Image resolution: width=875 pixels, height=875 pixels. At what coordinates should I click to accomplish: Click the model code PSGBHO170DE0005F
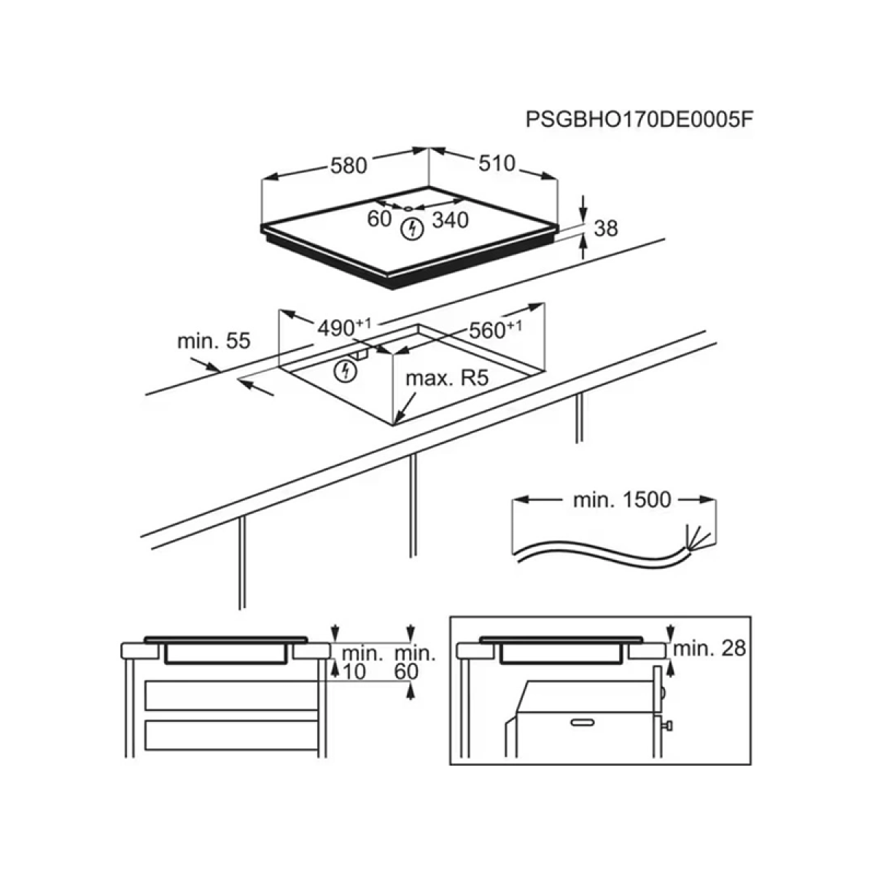pyautogui.click(x=639, y=120)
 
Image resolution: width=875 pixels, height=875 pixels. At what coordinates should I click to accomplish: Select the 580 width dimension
pyautogui.click(x=349, y=166)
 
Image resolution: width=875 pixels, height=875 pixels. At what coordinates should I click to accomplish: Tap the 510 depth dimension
pyautogui.click(x=497, y=163)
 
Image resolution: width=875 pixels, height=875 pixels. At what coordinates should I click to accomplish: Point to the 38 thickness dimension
pyautogui.click(x=606, y=228)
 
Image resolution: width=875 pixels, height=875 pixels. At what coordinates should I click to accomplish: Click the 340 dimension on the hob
pyautogui.click(x=450, y=220)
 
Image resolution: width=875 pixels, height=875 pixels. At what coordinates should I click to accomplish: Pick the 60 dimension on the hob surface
pyautogui.click(x=379, y=219)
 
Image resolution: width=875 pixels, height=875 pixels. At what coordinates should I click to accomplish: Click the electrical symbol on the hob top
pyautogui.click(x=412, y=228)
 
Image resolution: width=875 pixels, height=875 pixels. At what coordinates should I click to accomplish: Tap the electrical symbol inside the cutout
pyautogui.click(x=346, y=371)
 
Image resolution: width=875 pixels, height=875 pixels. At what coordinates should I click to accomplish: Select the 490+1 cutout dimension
pyautogui.click(x=343, y=327)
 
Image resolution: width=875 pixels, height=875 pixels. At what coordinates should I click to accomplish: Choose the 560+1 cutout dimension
pyautogui.click(x=495, y=330)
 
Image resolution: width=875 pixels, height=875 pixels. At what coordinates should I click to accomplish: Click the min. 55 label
pyautogui.click(x=214, y=341)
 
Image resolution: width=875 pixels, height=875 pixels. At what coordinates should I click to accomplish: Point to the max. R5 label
pyautogui.click(x=447, y=378)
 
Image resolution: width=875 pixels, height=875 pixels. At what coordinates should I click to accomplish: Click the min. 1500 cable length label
pyautogui.click(x=622, y=500)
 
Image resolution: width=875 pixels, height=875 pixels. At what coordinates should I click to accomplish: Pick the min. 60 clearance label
pyautogui.click(x=415, y=663)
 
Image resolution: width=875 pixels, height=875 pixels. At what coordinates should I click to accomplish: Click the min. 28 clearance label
pyautogui.click(x=709, y=649)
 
